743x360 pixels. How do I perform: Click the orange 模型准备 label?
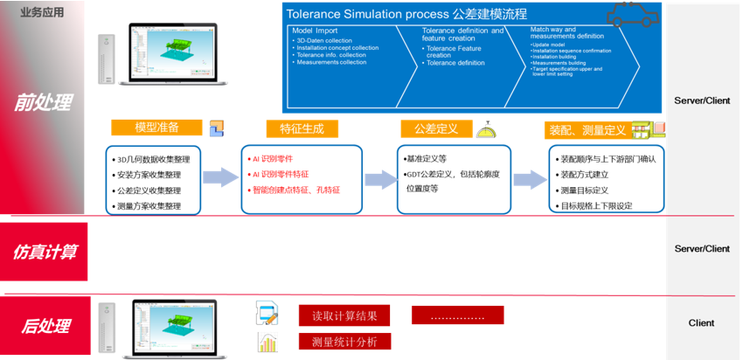coord(156,128)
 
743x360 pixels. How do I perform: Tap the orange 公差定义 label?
coord(436,128)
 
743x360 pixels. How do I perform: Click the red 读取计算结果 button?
coord(344,315)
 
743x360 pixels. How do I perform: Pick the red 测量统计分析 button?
coord(344,342)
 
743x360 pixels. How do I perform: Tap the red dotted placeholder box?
coord(460,315)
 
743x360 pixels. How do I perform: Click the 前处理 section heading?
coord(45,103)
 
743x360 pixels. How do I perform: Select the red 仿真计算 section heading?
coord(45,252)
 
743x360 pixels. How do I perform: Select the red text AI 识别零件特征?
coord(281,175)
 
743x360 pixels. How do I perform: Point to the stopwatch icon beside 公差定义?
coord(485,129)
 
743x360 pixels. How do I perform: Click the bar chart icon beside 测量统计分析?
coord(267,342)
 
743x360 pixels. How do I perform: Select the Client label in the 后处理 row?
coord(701,323)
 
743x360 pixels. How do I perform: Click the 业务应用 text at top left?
coord(42,12)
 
